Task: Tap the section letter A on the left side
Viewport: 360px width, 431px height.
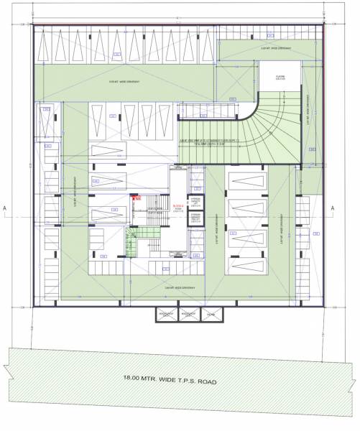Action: pos(6,209)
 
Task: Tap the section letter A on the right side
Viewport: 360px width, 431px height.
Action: pos(333,209)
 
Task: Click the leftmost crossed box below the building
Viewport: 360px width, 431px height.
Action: pos(167,315)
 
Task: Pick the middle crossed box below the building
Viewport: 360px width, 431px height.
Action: pos(189,315)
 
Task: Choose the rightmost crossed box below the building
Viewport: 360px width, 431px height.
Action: pos(211,315)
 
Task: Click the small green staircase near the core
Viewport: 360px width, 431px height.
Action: pos(137,233)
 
